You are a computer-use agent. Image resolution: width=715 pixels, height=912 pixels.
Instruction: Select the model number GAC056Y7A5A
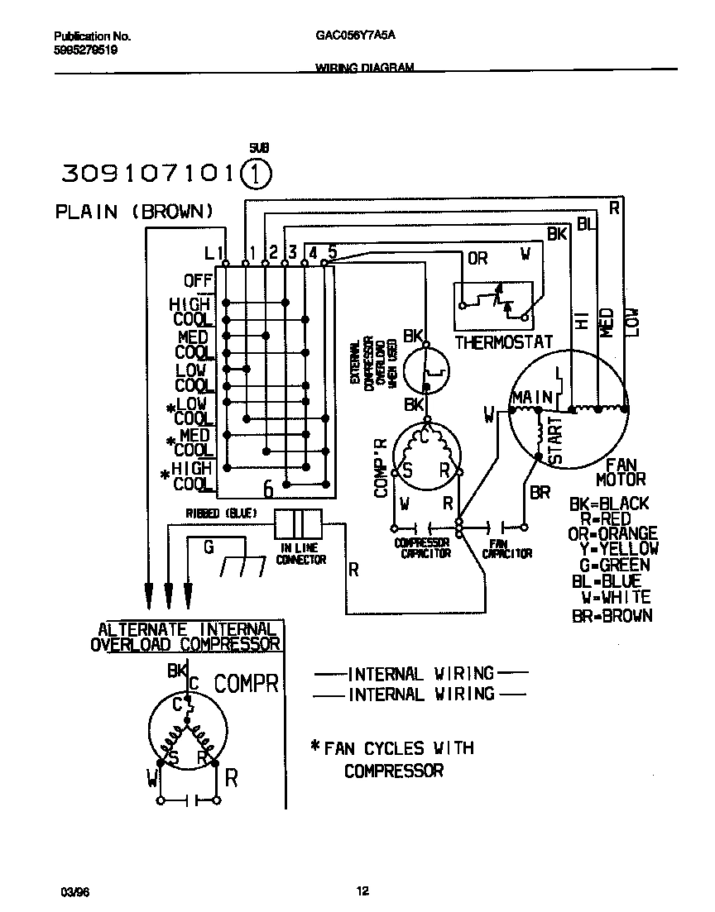point(356,36)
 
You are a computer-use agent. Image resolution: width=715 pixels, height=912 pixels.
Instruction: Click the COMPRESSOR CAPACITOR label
point(421,548)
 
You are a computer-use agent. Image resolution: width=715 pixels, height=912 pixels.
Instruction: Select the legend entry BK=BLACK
point(609,504)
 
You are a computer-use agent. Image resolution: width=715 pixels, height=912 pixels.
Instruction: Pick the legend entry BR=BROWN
point(612,615)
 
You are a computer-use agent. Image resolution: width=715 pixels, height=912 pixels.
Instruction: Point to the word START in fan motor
point(554,439)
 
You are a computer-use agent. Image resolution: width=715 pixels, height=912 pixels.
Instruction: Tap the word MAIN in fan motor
point(531,398)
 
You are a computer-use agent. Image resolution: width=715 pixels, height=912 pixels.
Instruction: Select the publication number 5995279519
point(85,50)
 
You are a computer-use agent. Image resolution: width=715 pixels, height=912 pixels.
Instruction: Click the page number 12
point(362,891)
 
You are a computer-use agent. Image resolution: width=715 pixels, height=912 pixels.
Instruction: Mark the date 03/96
point(72,891)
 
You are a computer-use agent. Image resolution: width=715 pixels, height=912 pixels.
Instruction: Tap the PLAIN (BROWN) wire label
point(134,211)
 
